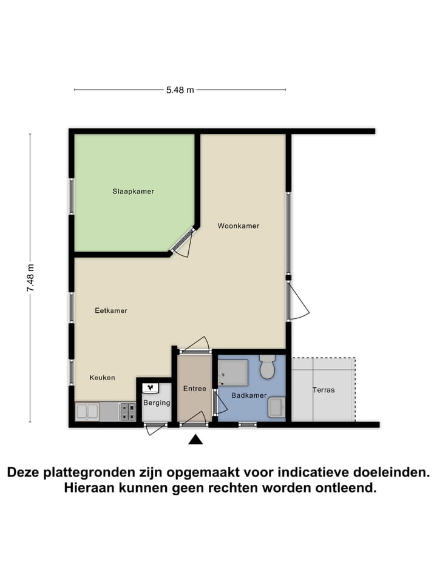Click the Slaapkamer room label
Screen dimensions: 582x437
click(133, 192)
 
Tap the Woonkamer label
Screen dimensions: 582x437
click(239, 226)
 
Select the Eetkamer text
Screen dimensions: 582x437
click(111, 310)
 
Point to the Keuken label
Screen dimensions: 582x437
click(102, 378)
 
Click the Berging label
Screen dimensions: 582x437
click(157, 403)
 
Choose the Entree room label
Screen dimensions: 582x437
click(195, 389)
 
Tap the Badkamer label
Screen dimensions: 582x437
click(249, 395)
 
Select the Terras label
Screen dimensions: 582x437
click(324, 390)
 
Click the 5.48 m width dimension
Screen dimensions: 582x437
click(180, 90)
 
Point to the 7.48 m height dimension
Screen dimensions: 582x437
click(30, 278)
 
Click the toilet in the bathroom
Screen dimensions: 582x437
click(267, 368)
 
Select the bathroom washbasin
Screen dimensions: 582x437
click(276, 407)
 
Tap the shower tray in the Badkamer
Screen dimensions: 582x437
click(233, 372)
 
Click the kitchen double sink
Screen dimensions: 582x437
click(87, 412)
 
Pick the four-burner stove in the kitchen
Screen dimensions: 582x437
click(127, 412)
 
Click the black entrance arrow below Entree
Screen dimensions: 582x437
click(195, 440)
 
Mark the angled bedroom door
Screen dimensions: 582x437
click(183, 242)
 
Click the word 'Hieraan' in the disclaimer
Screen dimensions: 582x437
click(91, 488)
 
